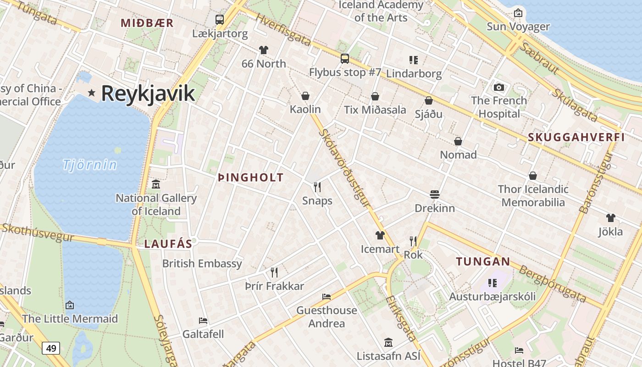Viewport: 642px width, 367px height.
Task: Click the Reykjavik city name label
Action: (x=148, y=93)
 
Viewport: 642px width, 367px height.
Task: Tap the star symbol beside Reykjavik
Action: (x=92, y=93)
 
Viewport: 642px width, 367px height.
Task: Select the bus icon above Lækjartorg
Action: (x=220, y=20)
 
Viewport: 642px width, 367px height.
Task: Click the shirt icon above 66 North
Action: (x=263, y=50)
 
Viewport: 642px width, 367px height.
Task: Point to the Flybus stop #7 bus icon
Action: (x=344, y=59)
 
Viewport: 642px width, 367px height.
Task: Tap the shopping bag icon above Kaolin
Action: (x=305, y=96)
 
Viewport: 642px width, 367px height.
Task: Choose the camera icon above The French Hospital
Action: (x=499, y=87)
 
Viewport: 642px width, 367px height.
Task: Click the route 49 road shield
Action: (x=51, y=348)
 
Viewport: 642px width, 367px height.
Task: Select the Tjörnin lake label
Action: (x=90, y=164)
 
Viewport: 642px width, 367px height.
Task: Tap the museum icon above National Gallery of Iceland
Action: (x=156, y=184)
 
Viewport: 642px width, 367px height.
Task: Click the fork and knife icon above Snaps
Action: (x=317, y=187)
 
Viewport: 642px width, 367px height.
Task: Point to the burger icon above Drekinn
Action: (x=435, y=195)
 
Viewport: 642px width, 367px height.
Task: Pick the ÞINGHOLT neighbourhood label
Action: (x=250, y=178)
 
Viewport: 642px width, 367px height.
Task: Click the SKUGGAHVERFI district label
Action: (x=576, y=137)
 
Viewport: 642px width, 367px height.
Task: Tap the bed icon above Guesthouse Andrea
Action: (x=327, y=297)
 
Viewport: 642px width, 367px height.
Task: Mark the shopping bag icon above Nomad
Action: (x=458, y=141)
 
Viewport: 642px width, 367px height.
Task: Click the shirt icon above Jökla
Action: (x=610, y=217)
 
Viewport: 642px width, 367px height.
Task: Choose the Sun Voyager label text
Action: (x=518, y=27)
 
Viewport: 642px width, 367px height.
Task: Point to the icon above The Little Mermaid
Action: (x=70, y=305)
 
